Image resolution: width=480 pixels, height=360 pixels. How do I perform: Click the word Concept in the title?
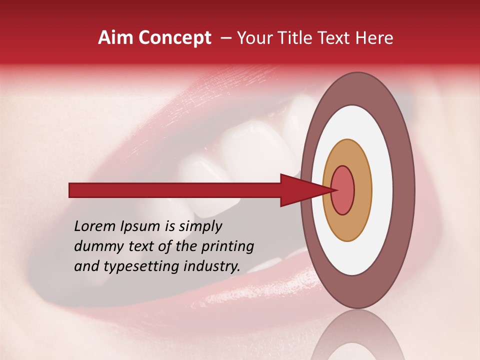pos(175,38)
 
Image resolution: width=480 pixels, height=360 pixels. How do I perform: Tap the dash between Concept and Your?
pos(225,38)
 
